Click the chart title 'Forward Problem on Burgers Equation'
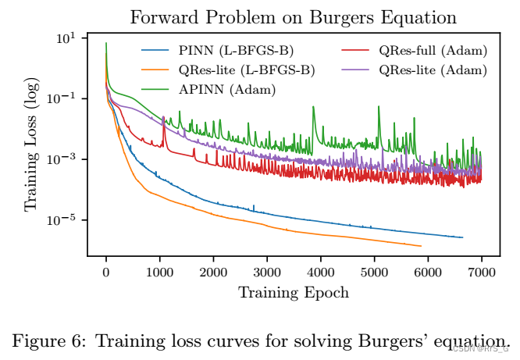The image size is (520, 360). pos(293,16)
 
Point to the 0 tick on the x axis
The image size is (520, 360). pos(106,272)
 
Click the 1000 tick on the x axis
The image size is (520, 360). pos(160,272)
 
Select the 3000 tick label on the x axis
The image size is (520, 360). pos(267,272)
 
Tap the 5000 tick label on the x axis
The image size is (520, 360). pos(375,272)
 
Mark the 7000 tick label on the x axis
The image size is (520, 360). pos(482,272)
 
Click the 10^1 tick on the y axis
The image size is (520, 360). pos(66,38)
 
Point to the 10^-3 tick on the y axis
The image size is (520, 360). pos(62,159)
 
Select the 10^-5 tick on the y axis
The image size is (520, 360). pos(62,219)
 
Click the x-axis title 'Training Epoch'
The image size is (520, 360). pos(294,292)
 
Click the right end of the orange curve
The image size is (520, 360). pos(422,246)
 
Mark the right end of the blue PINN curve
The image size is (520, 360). pos(463,237)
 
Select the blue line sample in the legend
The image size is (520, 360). pos(155,52)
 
